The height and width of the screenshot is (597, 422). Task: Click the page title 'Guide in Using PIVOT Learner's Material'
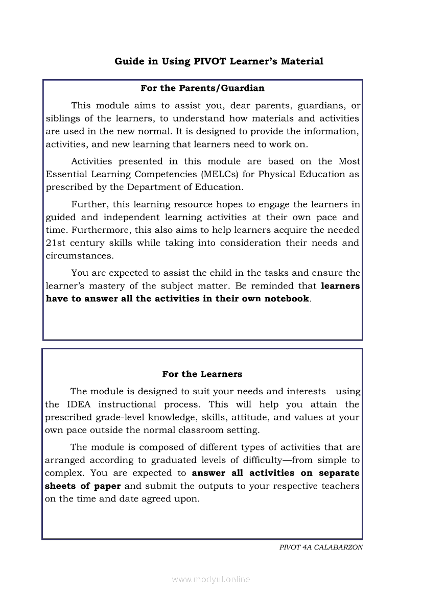pos(219,62)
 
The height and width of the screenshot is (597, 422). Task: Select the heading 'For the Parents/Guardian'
pos(202,88)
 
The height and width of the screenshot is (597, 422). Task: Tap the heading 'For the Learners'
pos(202,374)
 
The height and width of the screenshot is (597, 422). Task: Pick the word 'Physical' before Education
pos(280,174)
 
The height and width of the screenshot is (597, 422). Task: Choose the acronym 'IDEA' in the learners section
pos(79,404)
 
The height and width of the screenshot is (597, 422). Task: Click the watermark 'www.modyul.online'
pos(210,580)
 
